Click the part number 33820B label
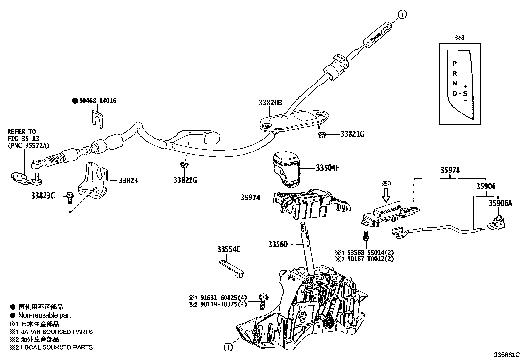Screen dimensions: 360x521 (x=270, y=103)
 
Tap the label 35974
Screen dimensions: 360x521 (x=250, y=198)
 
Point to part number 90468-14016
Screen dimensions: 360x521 (x=97, y=101)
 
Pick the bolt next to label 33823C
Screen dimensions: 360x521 (x=69, y=198)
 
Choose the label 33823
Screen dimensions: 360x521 (x=128, y=180)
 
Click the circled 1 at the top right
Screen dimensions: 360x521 (x=402, y=14)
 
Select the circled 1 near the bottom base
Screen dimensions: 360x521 (x=228, y=347)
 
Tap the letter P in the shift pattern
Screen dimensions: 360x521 (x=454, y=64)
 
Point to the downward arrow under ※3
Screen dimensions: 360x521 (x=386, y=195)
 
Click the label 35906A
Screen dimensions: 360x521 (x=500, y=203)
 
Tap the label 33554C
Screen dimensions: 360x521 (x=228, y=250)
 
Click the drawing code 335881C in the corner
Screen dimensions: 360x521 (x=507, y=355)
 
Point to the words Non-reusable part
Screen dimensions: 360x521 (x=45, y=315)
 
